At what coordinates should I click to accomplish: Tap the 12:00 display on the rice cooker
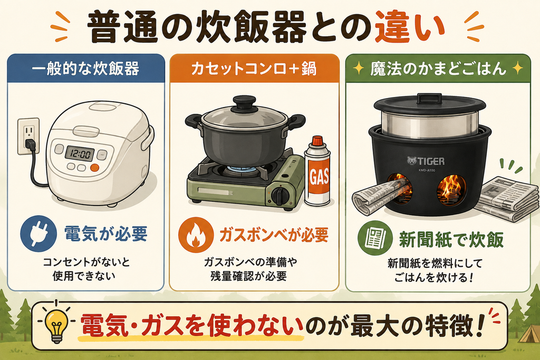pos(80,153)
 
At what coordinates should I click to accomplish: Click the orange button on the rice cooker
pos(95,168)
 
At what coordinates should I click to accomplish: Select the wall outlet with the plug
pos(28,137)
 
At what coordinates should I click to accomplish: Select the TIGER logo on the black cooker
pos(426,161)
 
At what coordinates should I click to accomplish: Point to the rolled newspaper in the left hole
pos(382,197)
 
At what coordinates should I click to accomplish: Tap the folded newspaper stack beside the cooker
pos(506,199)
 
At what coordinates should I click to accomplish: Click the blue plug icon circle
pos(38,233)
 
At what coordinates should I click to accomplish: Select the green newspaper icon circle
pos(375,238)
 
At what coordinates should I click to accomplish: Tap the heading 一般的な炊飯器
pos(86,69)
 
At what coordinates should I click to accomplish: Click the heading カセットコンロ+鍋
pos(254,69)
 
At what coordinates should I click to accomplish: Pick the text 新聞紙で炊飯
pos(451,239)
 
